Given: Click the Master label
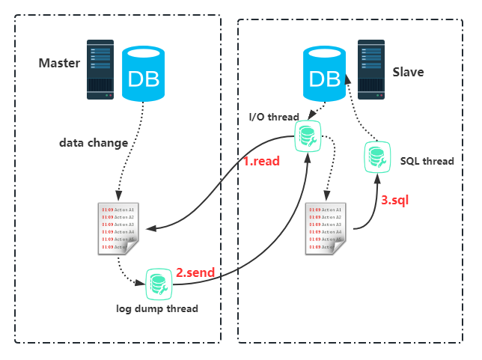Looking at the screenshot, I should pyautogui.click(x=59, y=63).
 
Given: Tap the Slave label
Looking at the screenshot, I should pyautogui.click(x=408, y=73).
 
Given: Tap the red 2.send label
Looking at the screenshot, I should pyautogui.click(x=195, y=273).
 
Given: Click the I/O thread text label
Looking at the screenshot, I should pyautogui.click(x=274, y=117).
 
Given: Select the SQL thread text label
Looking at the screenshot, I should pyautogui.click(x=427, y=161).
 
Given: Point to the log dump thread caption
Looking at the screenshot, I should pyautogui.click(x=158, y=308).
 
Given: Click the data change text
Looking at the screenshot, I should pyautogui.click(x=94, y=141).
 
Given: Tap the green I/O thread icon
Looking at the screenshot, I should pyautogui.click(x=307, y=135).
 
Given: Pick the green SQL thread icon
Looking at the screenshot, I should pyautogui.click(x=376, y=156).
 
